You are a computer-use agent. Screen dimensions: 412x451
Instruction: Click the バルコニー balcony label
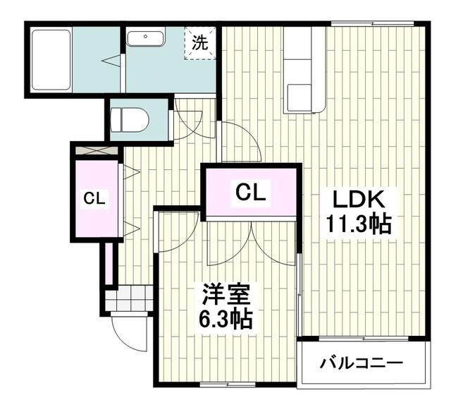pos(362,364)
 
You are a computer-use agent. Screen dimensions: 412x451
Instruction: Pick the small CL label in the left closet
pos(94,199)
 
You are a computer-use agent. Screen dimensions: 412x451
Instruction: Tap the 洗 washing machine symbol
pos(200,42)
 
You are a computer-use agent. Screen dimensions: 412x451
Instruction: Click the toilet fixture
pos(131,119)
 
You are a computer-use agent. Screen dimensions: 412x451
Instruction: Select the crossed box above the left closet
pos(97,150)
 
